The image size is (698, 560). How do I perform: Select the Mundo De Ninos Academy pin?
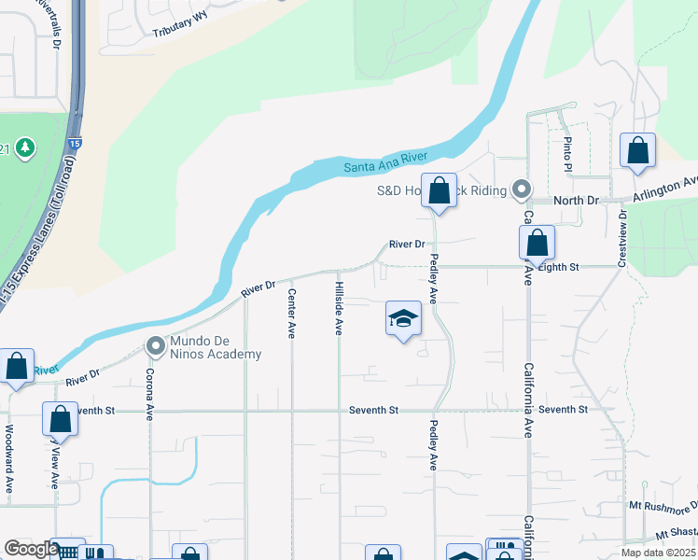click(156, 347)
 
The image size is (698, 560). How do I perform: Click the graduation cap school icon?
click(403, 319)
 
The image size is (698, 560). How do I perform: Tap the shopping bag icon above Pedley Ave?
click(439, 191)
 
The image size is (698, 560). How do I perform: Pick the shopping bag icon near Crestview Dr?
click(637, 151)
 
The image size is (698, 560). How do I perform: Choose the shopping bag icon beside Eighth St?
click(537, 245)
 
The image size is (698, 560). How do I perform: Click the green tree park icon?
click(24, 147)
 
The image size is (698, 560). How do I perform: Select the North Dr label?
click(576, 201)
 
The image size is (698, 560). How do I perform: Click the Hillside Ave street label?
click(340, 309)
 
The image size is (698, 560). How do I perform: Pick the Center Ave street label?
click(292, 313)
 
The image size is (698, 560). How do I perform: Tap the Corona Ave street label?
click(149, 394)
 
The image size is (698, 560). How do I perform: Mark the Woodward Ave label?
click(9, 459)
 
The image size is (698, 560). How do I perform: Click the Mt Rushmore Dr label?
click(662, 507)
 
